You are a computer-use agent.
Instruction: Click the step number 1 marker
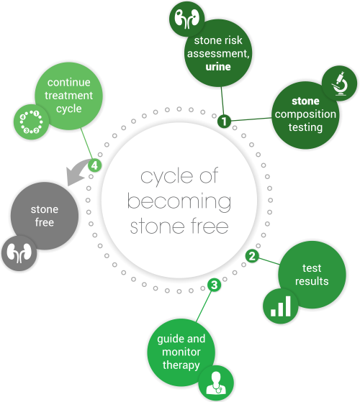coord(224,121)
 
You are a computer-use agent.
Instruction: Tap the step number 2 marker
coord(252,256)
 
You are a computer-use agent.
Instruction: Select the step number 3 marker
coord(215,285)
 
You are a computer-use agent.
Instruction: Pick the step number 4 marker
coord(95,165)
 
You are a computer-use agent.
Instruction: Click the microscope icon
coord(341,84)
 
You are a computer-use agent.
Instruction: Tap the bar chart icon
coord(281,306)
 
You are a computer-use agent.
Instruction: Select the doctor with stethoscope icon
coord(216,383)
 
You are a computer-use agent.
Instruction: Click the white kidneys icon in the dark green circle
coord(186,19)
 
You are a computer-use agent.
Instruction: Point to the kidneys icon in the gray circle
coord(19,253)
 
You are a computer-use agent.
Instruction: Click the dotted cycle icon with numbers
coord(31,122)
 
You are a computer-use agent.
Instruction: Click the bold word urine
coord(218,67)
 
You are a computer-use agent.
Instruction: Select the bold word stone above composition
coord(305,101)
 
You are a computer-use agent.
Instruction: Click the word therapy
coord(181,365)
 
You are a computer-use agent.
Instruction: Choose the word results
coord(312,281)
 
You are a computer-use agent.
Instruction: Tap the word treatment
coord(69,96)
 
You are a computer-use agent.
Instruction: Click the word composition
coord(305,114)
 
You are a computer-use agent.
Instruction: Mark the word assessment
coord(218,54)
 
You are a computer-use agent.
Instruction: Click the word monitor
coord(181,352)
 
